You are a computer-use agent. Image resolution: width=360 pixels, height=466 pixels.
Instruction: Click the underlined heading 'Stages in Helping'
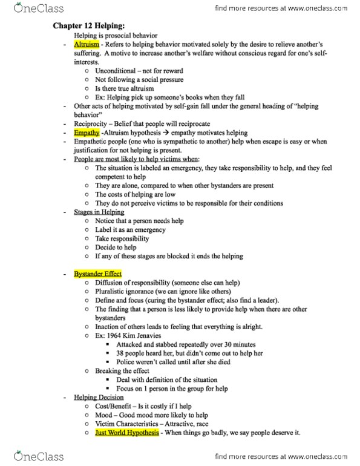(x=99, y=212)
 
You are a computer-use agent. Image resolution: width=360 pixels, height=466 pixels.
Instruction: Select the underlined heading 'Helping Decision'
(x=99, y=397)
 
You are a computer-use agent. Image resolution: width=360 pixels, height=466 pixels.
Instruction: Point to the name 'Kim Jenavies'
(x=143, y=335)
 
